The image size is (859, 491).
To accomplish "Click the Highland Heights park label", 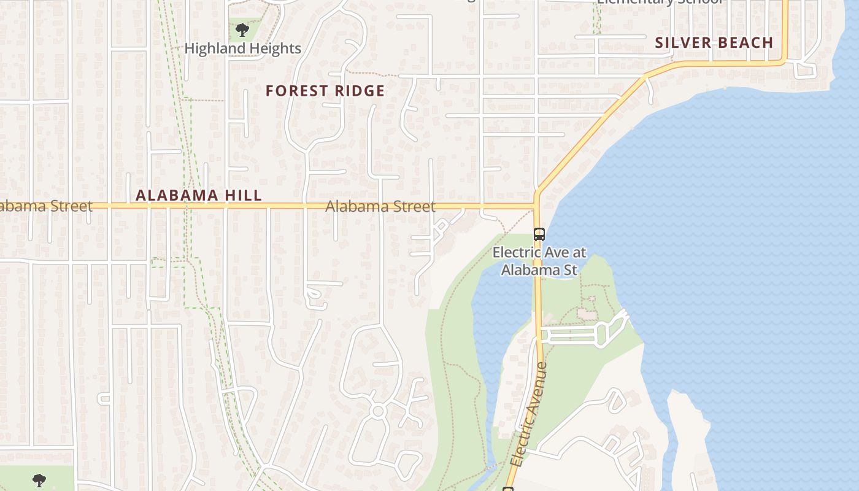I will tap(242, 48).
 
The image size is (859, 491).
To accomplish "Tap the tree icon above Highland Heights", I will tap(242, 29).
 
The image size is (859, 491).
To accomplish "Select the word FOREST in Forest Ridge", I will tap(296, 91).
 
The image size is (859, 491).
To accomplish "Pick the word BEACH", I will tap(745, 42).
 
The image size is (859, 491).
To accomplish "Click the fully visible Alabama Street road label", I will tap(380, 206).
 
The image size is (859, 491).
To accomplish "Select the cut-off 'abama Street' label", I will tap(45, 206).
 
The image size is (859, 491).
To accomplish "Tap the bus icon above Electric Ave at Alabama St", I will tap(539, 234).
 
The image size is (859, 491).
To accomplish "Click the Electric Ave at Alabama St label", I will tap(539, 261).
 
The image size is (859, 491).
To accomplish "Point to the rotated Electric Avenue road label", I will tap(529, 414).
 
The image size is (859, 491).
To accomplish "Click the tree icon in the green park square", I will tap(39, 479).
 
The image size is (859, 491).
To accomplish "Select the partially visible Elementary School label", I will tap(660, 2).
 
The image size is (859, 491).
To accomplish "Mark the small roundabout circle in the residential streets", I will tap(378, 411).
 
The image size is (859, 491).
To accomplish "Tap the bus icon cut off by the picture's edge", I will tap(508, 489).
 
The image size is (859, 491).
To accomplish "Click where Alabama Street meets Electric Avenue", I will tap(536, 206).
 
